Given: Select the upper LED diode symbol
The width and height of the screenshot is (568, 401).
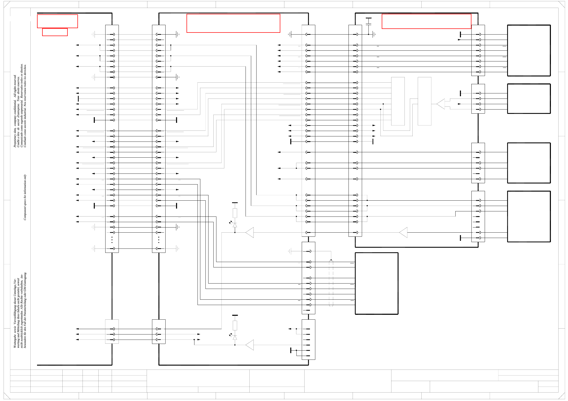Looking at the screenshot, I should click(235, 225).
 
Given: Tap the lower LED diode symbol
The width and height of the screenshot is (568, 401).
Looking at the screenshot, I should click(235, 338).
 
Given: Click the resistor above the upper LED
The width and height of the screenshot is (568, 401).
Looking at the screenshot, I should click(235, 213).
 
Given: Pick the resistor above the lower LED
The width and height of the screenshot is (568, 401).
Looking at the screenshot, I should click(235, 325).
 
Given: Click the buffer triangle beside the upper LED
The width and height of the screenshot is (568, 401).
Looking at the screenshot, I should click(250, 232).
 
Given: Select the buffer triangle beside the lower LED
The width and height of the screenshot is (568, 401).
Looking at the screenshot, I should click(250, 345).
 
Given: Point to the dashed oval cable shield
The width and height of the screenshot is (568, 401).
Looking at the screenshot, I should click(331, 283).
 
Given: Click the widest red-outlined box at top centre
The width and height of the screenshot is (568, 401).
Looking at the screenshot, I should click(233, 23).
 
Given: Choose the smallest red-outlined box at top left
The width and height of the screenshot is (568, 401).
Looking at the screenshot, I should click(55, 32).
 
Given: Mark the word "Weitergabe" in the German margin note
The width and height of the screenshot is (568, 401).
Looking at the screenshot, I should click(15, 340).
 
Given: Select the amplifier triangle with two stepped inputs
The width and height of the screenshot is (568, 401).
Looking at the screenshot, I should click(441, 104).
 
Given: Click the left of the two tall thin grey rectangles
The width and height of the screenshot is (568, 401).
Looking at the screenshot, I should click(398, 101).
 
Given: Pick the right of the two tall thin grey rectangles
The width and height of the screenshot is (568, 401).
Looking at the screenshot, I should click(424, 101).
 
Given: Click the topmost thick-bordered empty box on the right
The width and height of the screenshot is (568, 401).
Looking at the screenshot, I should click(529, 50).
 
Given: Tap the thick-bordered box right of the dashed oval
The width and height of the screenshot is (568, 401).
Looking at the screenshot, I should click(377, 283).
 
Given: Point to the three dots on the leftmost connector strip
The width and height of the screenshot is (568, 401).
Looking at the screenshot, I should click(112, 240).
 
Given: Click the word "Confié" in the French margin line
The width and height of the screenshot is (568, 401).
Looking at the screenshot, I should click(18, 143).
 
